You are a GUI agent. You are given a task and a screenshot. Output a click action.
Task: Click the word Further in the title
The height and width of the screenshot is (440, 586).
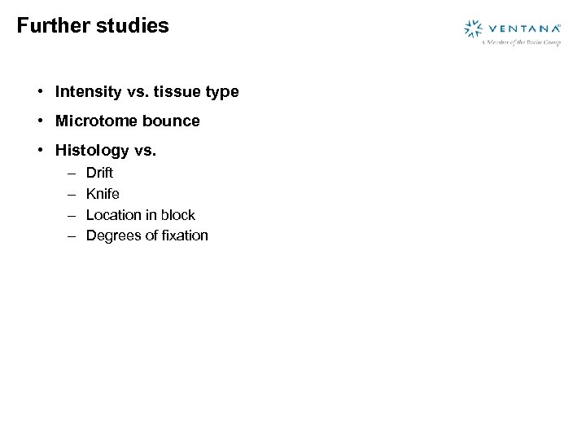[53, 25]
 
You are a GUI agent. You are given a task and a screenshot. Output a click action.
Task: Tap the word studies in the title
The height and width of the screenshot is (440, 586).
[132, 25]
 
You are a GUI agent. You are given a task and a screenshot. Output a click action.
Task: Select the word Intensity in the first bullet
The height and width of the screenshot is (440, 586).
[88, 92]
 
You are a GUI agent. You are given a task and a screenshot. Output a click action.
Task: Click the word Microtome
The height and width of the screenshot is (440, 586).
[93, 121]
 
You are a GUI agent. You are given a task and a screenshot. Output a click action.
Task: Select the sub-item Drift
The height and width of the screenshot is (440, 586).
[99, 173]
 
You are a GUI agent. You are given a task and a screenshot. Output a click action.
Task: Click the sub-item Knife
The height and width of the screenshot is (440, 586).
[103, 194]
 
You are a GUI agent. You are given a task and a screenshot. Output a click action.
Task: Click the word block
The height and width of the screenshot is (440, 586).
[178, 215]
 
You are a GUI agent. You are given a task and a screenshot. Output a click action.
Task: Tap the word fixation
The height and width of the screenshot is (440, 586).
[183, 235]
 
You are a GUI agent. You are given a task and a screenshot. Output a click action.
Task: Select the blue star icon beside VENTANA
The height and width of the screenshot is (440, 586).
[474, 29]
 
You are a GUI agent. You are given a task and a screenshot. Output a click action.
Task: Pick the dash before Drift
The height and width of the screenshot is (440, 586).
[71, 173]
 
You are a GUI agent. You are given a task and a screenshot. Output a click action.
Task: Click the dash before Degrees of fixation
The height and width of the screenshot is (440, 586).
[71, 236]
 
